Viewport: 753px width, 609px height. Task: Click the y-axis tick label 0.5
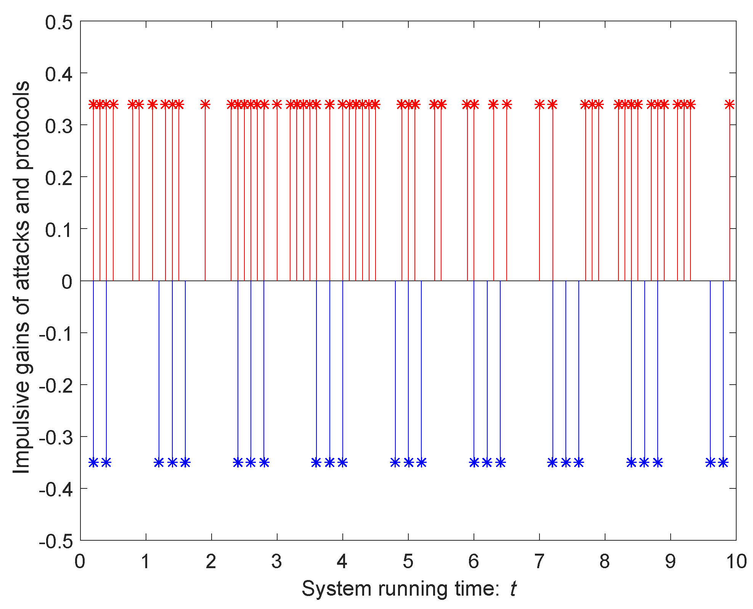pyautogui.click(x=59, y=23)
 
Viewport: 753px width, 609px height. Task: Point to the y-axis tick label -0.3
pyautogui.click(x=56, y=437)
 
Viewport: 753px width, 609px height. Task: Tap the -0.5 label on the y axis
pyautogui.click(x=56, y=541)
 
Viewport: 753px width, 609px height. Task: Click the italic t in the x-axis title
pyautogui.click(x=513, y=589)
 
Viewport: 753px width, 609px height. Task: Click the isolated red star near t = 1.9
pyautogui.click(x=205, y=104)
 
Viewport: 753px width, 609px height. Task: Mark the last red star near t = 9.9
pyautogui.click(x=729, y=104)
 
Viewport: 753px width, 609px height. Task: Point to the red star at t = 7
pyautogui.click(x=539, y=104)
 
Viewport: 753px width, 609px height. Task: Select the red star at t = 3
pyautogui.click(x=277, y=104)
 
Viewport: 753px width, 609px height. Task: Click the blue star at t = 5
pyautogui.click(x=408, y=462)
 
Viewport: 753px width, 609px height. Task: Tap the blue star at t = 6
pyautogui.click(x=474, y=462)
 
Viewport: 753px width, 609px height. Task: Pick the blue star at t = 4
pyautogui.click(x=343, y=462)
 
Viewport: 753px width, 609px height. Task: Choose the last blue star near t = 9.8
pyautogui.click(x=723, y=462)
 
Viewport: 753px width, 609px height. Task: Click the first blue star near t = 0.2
pyautogui.click(x=93, y=462)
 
